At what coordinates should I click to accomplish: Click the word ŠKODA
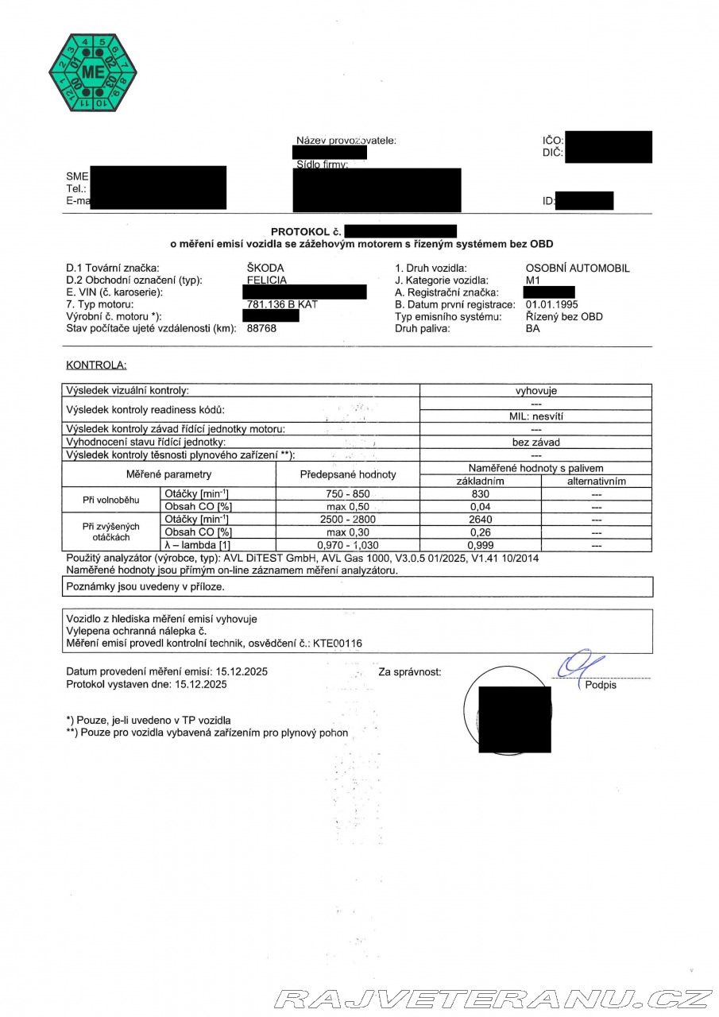pyautogui.click(x=265, y=269)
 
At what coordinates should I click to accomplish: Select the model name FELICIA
pyautogui.click(x=267, y=280)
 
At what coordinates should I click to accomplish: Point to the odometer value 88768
pyautogui.click(x=262, y=328)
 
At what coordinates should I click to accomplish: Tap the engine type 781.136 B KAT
pyautogui.click(x=283, y=304)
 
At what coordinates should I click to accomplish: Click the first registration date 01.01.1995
pyautogui.click(x=552, y=304)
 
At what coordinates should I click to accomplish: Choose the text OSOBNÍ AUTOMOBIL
pyautogui.click(x=578, y=269)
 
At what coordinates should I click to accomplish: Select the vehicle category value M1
pyautogui.click(x=533, y=280)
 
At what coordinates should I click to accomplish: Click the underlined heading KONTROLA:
pyautogui.click(x=96, y=365)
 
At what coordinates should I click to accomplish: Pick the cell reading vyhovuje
pyautogui.click(x=536, y=391)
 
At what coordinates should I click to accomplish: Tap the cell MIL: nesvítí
pyautogui.click(x=536, y=416)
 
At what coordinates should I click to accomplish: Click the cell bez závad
pyautogui.click(x=536, y=442)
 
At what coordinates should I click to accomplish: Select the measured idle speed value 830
pyautogui.click(x=480, y=494)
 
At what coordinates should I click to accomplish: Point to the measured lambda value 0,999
pyautogui.click(x=481, y=546)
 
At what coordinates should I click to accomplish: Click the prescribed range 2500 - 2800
pyautogui.click(x=348, y=520)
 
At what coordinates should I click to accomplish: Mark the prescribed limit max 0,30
pyautogui.click(x=348, y=532)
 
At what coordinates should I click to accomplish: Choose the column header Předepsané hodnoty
pyautogui.click(x=348, y=475)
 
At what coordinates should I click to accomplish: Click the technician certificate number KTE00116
pyautogui.click(x=338, y=644)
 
